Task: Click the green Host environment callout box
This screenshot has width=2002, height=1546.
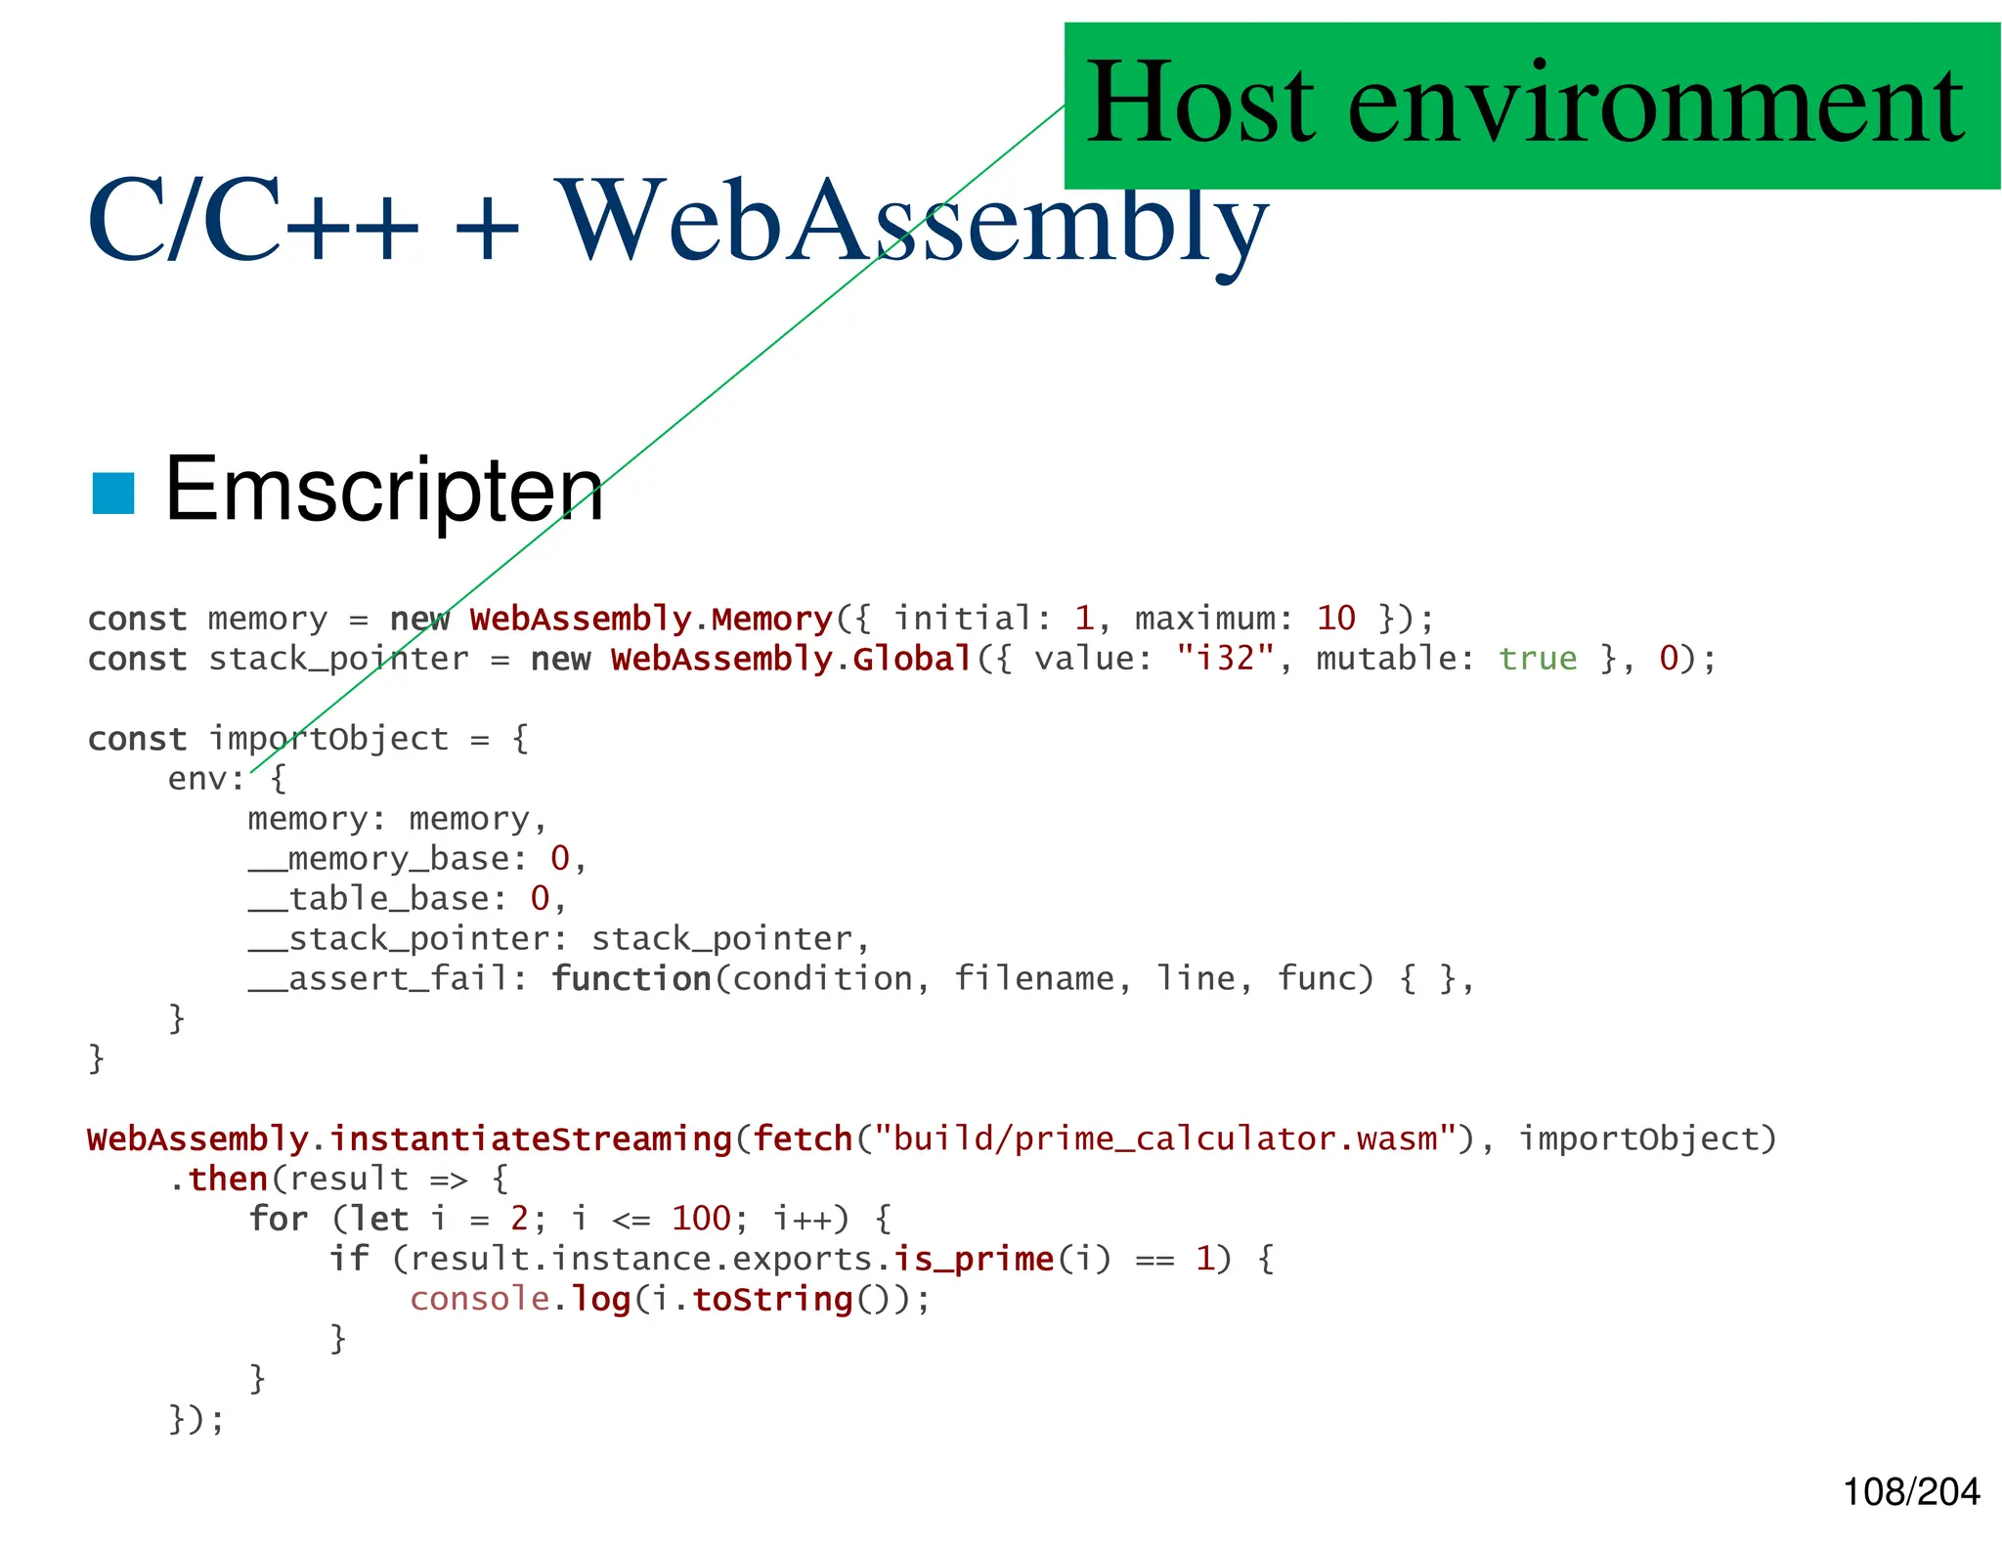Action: click(x=1531, y=106)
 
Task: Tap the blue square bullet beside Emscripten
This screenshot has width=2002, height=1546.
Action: click(x=112, y=493)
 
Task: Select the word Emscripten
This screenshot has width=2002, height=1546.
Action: click(x=384, y=490)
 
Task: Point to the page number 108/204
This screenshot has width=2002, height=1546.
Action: click(x=1910, y=1491)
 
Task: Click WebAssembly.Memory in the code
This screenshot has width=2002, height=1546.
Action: click(x=650, y=619)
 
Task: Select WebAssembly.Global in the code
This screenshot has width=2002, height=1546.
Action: click(x=791, y=659)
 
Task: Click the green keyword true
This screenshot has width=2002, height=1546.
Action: click(x=1537, y=659)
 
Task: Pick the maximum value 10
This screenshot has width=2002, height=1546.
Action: click(x=1335, y=619)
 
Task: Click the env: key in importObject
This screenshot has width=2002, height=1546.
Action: click(x=205, y=779)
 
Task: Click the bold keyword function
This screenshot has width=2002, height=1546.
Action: click(x=631, y=979)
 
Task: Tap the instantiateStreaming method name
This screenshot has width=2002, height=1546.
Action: click(x=530, y=1139)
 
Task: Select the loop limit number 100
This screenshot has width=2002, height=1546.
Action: click(x=701, y=1219)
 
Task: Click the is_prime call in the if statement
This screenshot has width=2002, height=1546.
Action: click(x=974, y=1259)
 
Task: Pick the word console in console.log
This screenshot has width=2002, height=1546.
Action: click(x=479, y=1299)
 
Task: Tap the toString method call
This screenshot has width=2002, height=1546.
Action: click(x=772, y=1299)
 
